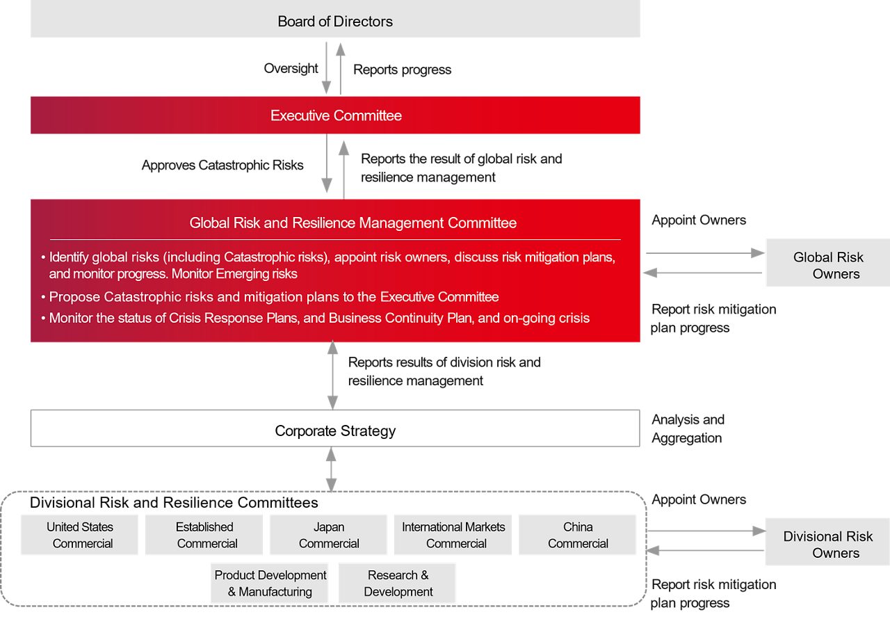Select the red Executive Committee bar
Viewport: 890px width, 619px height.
tap(335, 115)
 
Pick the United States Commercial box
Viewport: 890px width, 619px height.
tap(80, 535)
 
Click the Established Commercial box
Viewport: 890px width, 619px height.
tap(204, 535)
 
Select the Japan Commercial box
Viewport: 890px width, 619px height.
tap(328, 535)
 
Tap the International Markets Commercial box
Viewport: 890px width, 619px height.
tap(453, 535)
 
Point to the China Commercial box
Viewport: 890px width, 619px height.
tap(577, 535)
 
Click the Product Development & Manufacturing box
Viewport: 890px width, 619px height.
tap(270, 584)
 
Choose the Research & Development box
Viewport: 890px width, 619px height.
tap(398, 584)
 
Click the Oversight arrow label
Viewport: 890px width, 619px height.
tap(291, 68)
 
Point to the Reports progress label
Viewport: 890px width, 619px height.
tap(402, 70)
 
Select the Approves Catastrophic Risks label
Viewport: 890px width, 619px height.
tap(222, 165)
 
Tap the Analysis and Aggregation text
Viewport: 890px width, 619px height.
tap(688, 428)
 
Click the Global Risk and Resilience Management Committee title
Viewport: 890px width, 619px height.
tap(353, 223)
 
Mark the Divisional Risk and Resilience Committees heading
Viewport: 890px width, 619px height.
tap(174, 502)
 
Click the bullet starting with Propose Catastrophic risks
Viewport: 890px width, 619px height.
tap(274, 297)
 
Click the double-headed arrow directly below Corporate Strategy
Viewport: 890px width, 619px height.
tap(331, 469)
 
